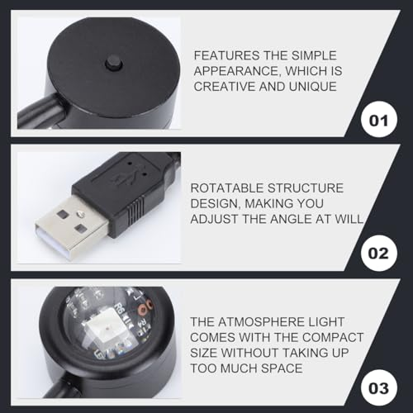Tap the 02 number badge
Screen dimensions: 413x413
[x=379, y=254]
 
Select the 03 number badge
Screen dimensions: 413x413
[x=379, y=387]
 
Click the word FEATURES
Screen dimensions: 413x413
[x=227, y=55]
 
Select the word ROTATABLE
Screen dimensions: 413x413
[x=227, y=188]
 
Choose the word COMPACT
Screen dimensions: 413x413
[x=333, y=337]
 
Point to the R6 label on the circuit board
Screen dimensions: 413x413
[x=119, y=307]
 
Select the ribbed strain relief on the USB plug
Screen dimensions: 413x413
[x=135, y=210]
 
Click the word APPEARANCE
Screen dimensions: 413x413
[x=236, y=71]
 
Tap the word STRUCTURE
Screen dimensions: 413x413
[x=306, y=188]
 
